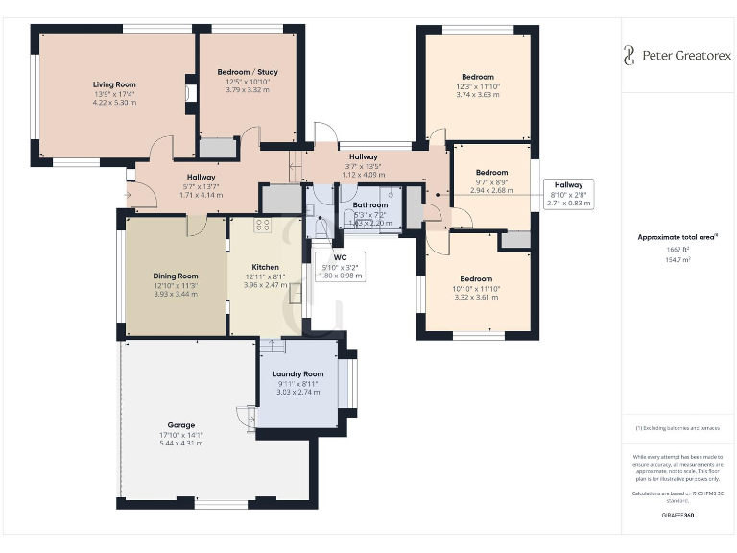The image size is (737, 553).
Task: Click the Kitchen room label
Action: [x=265, y=267]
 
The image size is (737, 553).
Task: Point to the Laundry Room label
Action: [x=297, y=373]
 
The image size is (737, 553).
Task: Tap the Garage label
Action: [x=180, y=425]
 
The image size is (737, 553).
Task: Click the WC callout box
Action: [x=340, y=266]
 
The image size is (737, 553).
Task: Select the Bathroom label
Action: [x=369, y=205]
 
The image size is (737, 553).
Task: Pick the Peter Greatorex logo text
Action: [x=685, y=56]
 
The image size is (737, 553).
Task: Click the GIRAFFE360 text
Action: [x=678, y=517]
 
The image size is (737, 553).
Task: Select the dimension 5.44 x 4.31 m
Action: [x=180, y=443]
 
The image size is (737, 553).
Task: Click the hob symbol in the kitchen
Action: [x=262, y=225]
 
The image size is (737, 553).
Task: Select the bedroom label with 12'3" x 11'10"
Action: [x=477, y=77]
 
